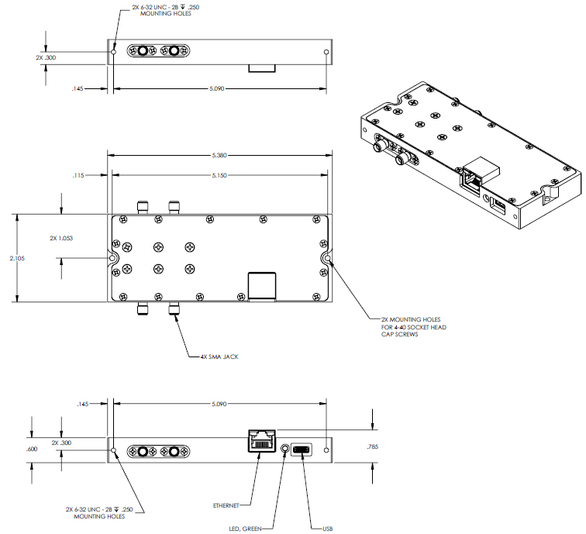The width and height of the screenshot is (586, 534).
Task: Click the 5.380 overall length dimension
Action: click(x=219, y=155)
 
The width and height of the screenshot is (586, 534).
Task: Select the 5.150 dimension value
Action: click(x=219, y=175)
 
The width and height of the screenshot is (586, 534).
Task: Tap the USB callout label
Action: click(x=328, y=529)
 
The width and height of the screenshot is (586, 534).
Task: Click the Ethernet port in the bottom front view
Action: click(x=260, y=441)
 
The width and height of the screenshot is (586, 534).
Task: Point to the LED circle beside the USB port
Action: click(x=284, y=449)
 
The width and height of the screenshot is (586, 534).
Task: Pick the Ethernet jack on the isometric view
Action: click(x=471, y=180)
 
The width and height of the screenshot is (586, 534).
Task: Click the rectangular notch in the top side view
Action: click(x=261, y=68)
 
